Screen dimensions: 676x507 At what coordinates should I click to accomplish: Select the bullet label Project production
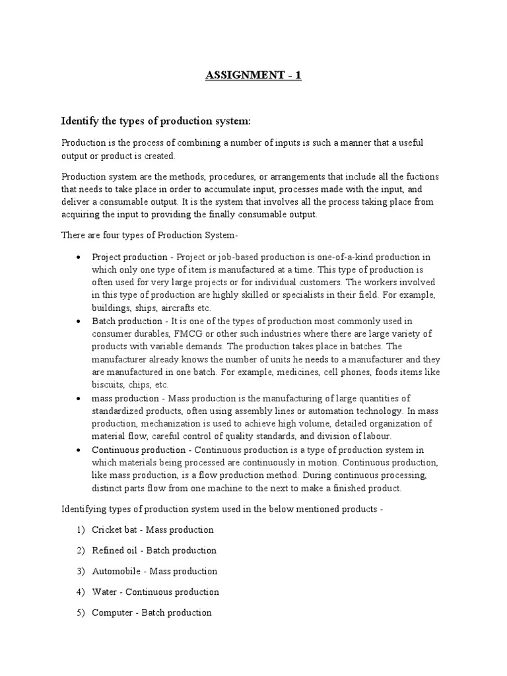[x=125, y=257]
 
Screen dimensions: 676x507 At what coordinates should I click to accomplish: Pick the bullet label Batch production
[x=123, y=321]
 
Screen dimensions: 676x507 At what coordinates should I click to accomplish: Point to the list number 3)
[x=81, y=571]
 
